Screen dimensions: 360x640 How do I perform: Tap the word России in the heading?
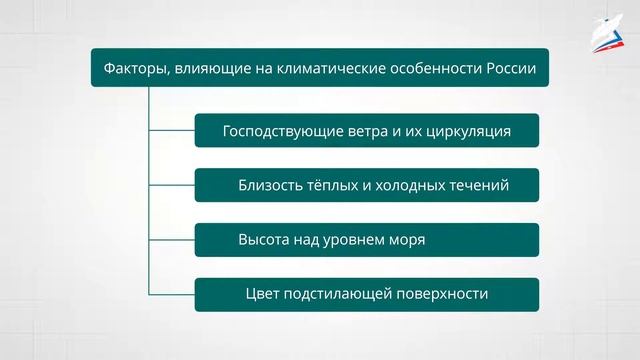click(x=506, y=68)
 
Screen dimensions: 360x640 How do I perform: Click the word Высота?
click(x=265, y=240)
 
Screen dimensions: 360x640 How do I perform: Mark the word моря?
click(x=406, y=240)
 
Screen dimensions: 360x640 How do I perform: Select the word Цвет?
click(x=262, y=295)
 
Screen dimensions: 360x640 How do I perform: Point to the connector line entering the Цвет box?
click(x=171, y=295)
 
